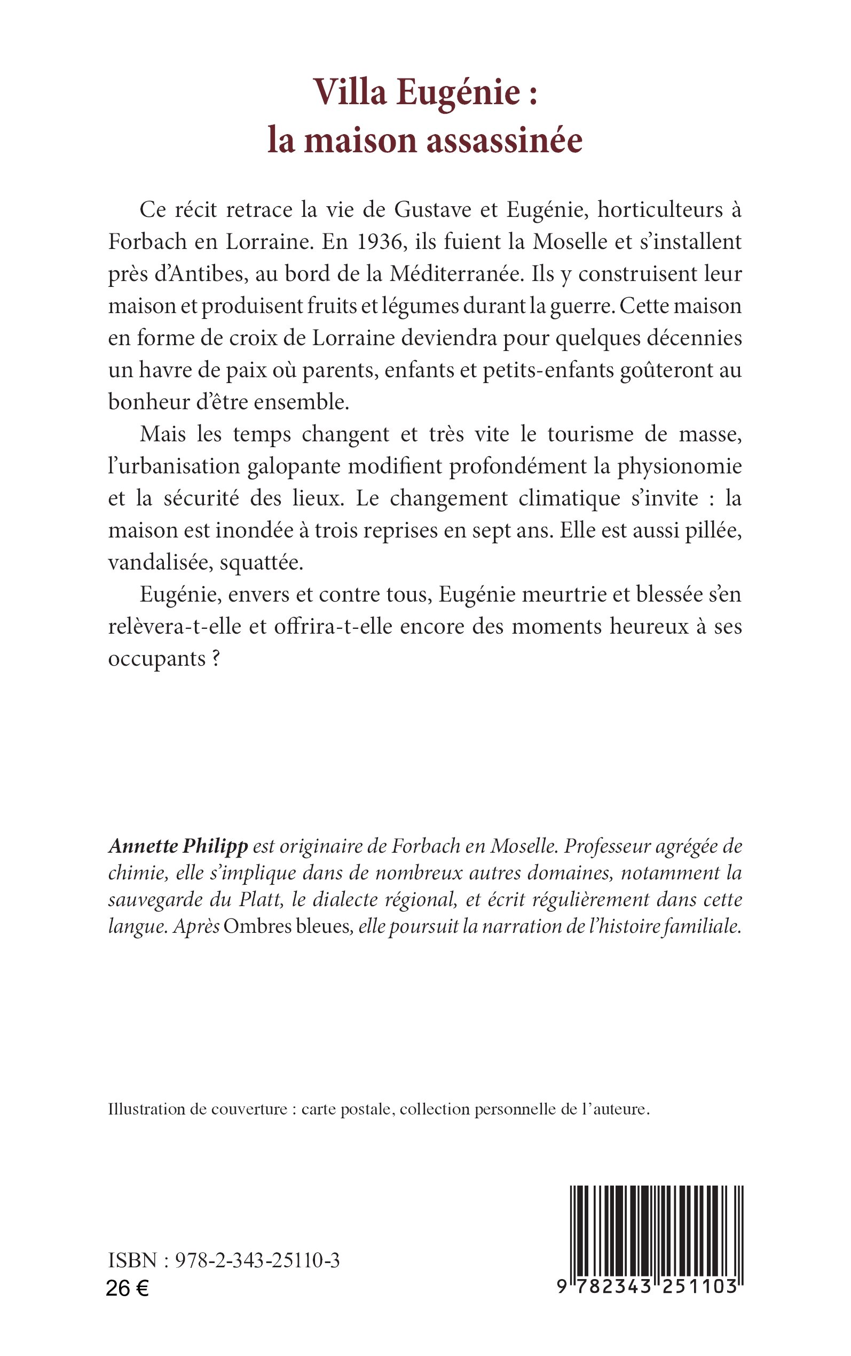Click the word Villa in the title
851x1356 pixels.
point(350,92)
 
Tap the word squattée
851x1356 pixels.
point(261,563)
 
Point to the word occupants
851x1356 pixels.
point(156,659)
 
